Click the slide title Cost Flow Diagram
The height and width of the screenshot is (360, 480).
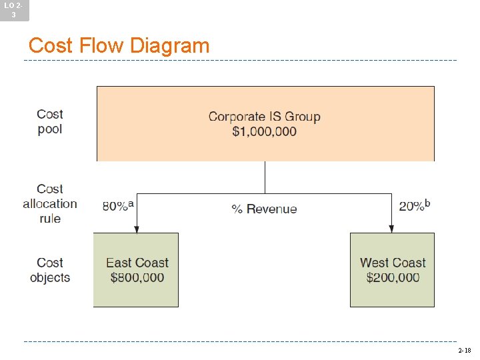click(119, 46)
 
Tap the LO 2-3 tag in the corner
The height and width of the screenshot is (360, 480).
click(14, 9)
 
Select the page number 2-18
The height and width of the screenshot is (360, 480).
click(464, 350)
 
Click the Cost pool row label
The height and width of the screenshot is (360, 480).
click(50, 122)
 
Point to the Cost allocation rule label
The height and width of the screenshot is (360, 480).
click(50, 204)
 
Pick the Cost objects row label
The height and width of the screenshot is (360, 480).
click(50, 270)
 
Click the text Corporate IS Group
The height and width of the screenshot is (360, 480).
click(264, 117)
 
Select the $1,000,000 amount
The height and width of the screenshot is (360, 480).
click(264, 131)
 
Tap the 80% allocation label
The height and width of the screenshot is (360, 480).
click(115, 207)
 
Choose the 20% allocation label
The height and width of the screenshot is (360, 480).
click(411, 207)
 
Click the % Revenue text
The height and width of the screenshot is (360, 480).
click(264, 209)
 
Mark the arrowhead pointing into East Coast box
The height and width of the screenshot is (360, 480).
click(137, 229)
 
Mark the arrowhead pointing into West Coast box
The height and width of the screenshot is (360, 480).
click(391, 229)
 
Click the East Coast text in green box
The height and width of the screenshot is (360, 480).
click(137, 263)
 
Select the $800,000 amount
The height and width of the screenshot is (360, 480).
click(137, 277)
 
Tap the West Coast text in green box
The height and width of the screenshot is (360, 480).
click(392, 263)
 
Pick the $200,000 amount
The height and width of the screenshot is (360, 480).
click(392, 277)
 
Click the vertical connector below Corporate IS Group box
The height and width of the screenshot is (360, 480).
click(265, 177)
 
